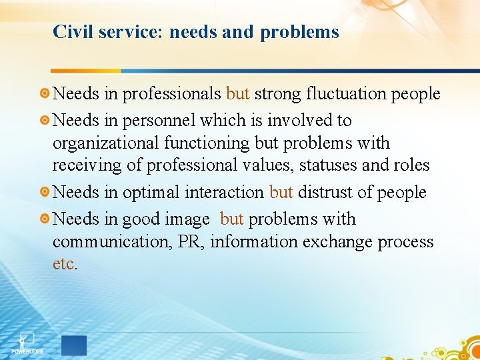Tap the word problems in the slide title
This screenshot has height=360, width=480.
click(x=300, y=32)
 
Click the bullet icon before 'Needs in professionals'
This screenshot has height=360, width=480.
click(x=44, y=94)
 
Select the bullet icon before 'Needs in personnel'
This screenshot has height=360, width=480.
click(x=44, y=121)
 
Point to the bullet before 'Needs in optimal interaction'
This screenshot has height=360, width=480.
click(x=44, y=193)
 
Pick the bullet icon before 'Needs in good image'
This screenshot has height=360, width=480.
click(x=44, y=219)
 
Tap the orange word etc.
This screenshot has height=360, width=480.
click(x=64, y=263)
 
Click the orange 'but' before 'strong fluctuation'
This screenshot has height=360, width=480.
click(x=238, y=94)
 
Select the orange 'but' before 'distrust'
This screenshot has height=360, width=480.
click(x=281, y=193)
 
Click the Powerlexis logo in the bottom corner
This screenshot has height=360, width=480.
click(x=27, y=343)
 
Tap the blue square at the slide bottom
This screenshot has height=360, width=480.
click(x=74, y=345)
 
